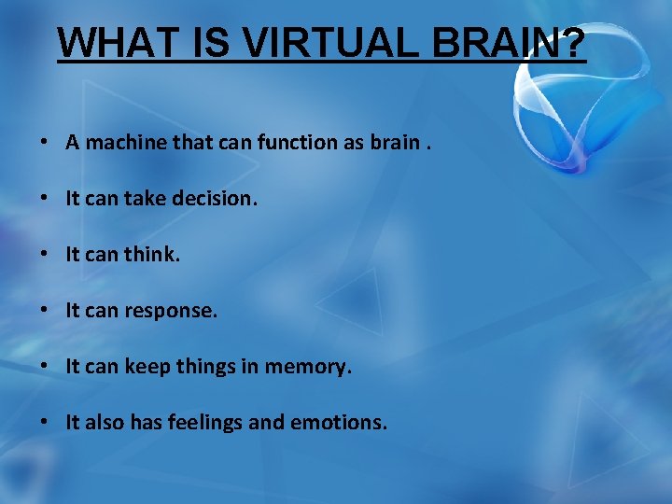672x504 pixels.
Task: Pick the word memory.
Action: click(309, 367)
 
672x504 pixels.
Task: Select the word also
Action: click(103, 423)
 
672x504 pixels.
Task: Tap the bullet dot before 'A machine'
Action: click(44, 144)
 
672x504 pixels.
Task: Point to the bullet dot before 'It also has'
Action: click(44, 424)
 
